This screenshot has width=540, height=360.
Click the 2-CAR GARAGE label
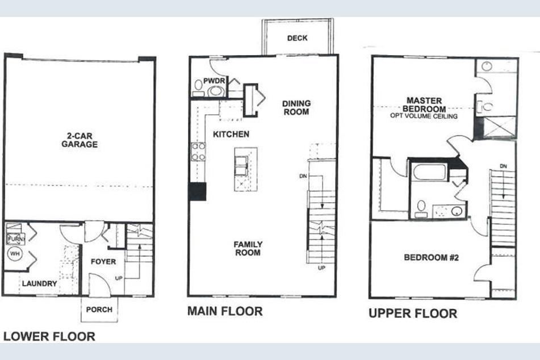coord(79,140)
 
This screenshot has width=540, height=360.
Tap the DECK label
coord(297,38)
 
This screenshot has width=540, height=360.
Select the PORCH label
coord(99,309)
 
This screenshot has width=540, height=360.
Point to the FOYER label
coord(103,262)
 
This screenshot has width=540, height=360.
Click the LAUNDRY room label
coord(40,283)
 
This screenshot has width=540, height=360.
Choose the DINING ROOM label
coord(296,107)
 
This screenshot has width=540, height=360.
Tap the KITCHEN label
coord(231,135)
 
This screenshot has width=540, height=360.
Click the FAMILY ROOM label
coord(248,248)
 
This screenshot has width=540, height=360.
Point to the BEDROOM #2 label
coord(431,257)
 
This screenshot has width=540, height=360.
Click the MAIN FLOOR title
coord(225,311)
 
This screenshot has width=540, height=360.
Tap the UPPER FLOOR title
coord(412,313)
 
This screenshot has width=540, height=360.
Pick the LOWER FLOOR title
coord(49,336)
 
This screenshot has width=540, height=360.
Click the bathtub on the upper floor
coord(429,172)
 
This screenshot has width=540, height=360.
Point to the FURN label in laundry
coord(14,238)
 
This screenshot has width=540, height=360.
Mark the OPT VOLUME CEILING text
coord(424,116)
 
